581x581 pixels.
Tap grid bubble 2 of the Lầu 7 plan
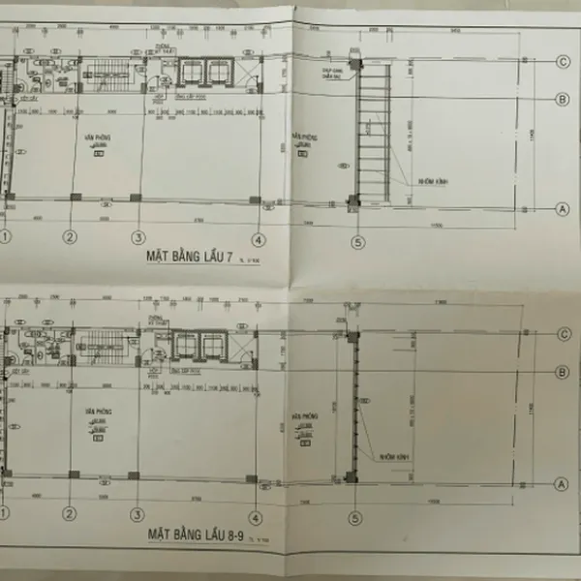[70, 236]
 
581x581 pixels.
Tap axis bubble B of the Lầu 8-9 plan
[561, 372]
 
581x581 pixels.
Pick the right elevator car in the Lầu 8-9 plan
[211, 345]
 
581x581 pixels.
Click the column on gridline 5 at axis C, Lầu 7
[355, 64]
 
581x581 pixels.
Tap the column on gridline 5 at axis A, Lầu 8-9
[351, 476]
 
